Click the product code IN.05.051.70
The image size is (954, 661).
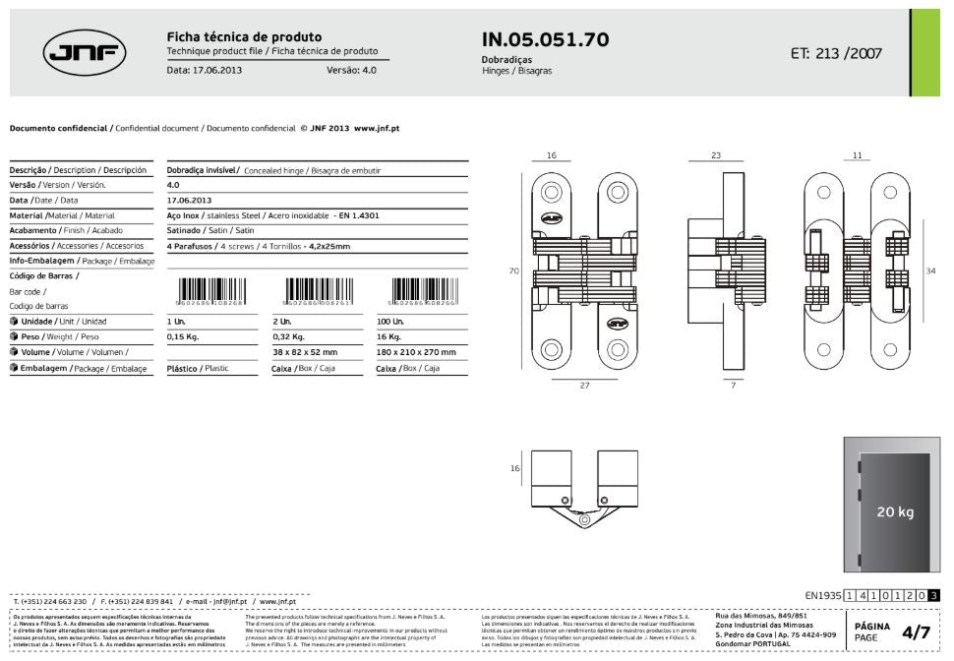click(x=545, y=39)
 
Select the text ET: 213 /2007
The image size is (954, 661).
click(x=836, y=53)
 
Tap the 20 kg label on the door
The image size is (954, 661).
click(x=896, y=513)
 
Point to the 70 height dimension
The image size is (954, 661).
click(x=513, y=270)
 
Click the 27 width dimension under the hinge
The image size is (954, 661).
click(x=584, y=386)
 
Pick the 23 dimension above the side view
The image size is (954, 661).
click(x=715, y=154)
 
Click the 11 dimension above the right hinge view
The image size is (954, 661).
click(x=857, y=154)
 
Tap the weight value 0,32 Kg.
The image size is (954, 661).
click(x=287, y=336)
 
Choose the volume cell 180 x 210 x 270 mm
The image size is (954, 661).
click(x=416, y=351)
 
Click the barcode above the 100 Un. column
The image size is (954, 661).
click(x=424, y=291)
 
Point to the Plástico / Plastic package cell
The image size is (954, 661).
click(x=198, y=368)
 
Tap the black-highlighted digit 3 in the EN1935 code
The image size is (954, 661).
click(x=933, y=594)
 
